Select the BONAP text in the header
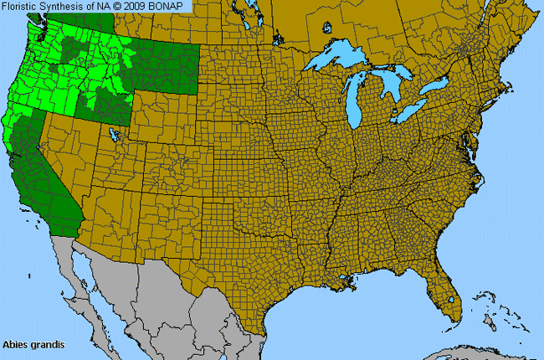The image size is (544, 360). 174,7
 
